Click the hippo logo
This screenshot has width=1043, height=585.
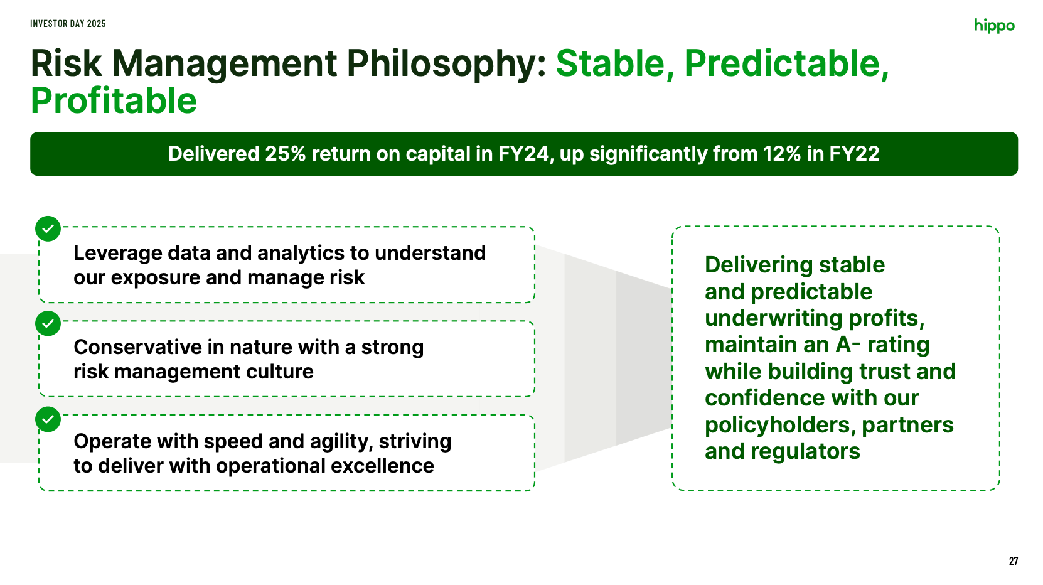click(x=994, y=26)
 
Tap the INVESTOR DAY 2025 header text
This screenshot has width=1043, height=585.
click(x=68, y=24)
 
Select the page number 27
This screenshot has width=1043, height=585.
click(x=1014, y=561)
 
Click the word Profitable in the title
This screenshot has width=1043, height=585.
click(x=114, y=100)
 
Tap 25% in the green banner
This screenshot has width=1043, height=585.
click(x=285, y=154)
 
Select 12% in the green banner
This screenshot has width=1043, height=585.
click(x=782, y=154)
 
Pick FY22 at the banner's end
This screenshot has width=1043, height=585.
click(x=854, y=154)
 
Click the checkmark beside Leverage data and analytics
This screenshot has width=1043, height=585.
click(x=48, y=228)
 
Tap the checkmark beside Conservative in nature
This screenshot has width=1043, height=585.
click(x=48, y=323)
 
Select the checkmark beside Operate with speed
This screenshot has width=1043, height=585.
click(x=48, y=419)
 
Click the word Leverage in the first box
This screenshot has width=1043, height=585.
click(x=117, y=254)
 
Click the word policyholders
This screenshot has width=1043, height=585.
click(x=780, y=426)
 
